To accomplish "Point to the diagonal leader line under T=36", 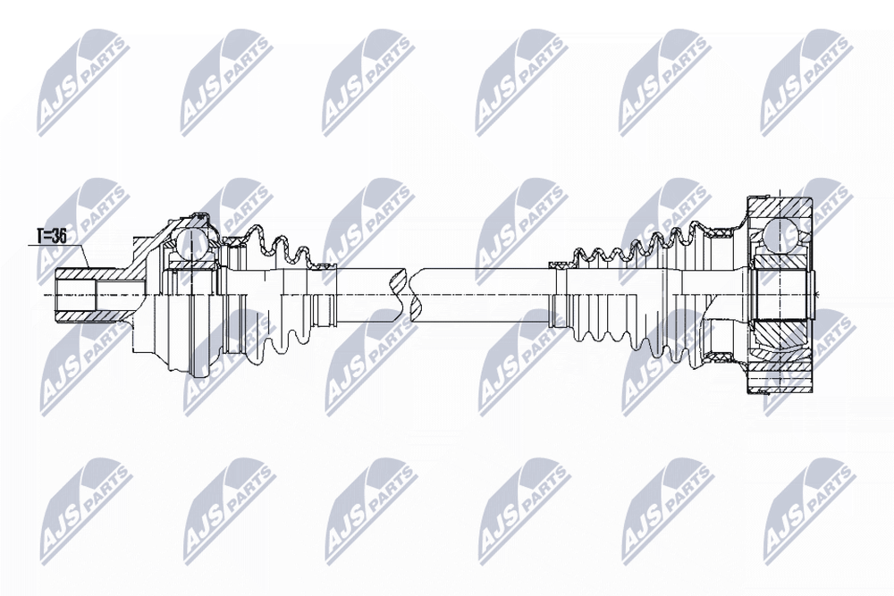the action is pyautogui.click(x=82, y=256).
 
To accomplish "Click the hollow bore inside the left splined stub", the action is pyautogui.click(x=76, y=295).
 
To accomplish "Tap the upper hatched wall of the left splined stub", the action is pyautogui.click(x=91, y=273).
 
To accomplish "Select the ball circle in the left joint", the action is pyautogui.click(x=188, y=245).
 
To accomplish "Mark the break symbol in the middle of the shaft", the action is pyautogui.click(x=409, y=295).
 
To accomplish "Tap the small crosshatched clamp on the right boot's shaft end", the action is pyautogui.click(x=559, y=265).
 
